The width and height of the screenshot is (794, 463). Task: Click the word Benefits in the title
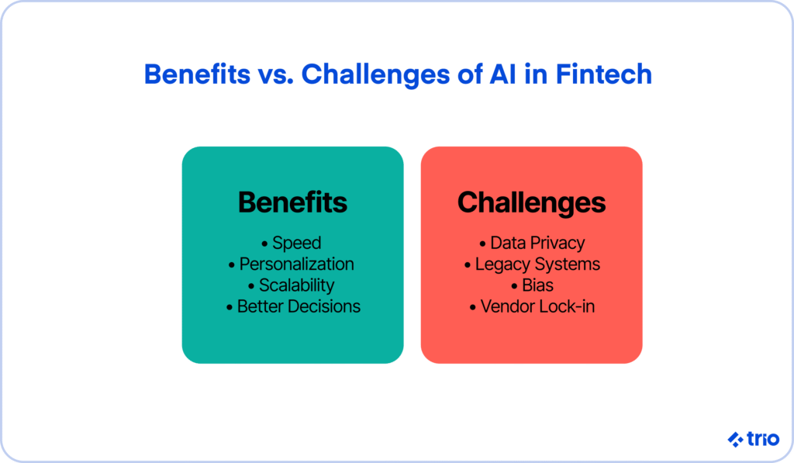[197, 74]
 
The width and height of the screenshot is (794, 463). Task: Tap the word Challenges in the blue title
[375, 75]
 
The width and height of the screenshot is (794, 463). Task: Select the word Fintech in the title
[603, 74]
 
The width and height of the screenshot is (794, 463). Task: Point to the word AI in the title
[502, 74]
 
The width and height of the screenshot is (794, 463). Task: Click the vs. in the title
[275, 77]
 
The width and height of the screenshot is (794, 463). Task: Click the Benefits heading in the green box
[292, 202]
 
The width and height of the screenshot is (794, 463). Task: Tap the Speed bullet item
[292, 244]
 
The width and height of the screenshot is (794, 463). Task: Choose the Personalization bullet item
[292, 264]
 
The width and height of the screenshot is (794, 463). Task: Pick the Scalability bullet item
[292, 285]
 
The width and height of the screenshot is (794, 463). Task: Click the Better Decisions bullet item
[293, 306]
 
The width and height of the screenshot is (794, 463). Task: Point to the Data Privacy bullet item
[532, 244]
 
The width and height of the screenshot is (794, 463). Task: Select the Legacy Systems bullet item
[532, 264]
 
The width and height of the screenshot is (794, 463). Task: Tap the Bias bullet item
[532, 285]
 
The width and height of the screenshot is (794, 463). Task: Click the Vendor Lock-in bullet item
[532, 306]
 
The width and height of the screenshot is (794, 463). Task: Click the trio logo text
[763, 439]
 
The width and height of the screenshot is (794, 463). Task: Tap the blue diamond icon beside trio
[735, 439]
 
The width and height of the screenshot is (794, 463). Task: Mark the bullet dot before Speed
[264, 244]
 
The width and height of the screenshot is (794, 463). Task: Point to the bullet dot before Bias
[514, 286]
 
